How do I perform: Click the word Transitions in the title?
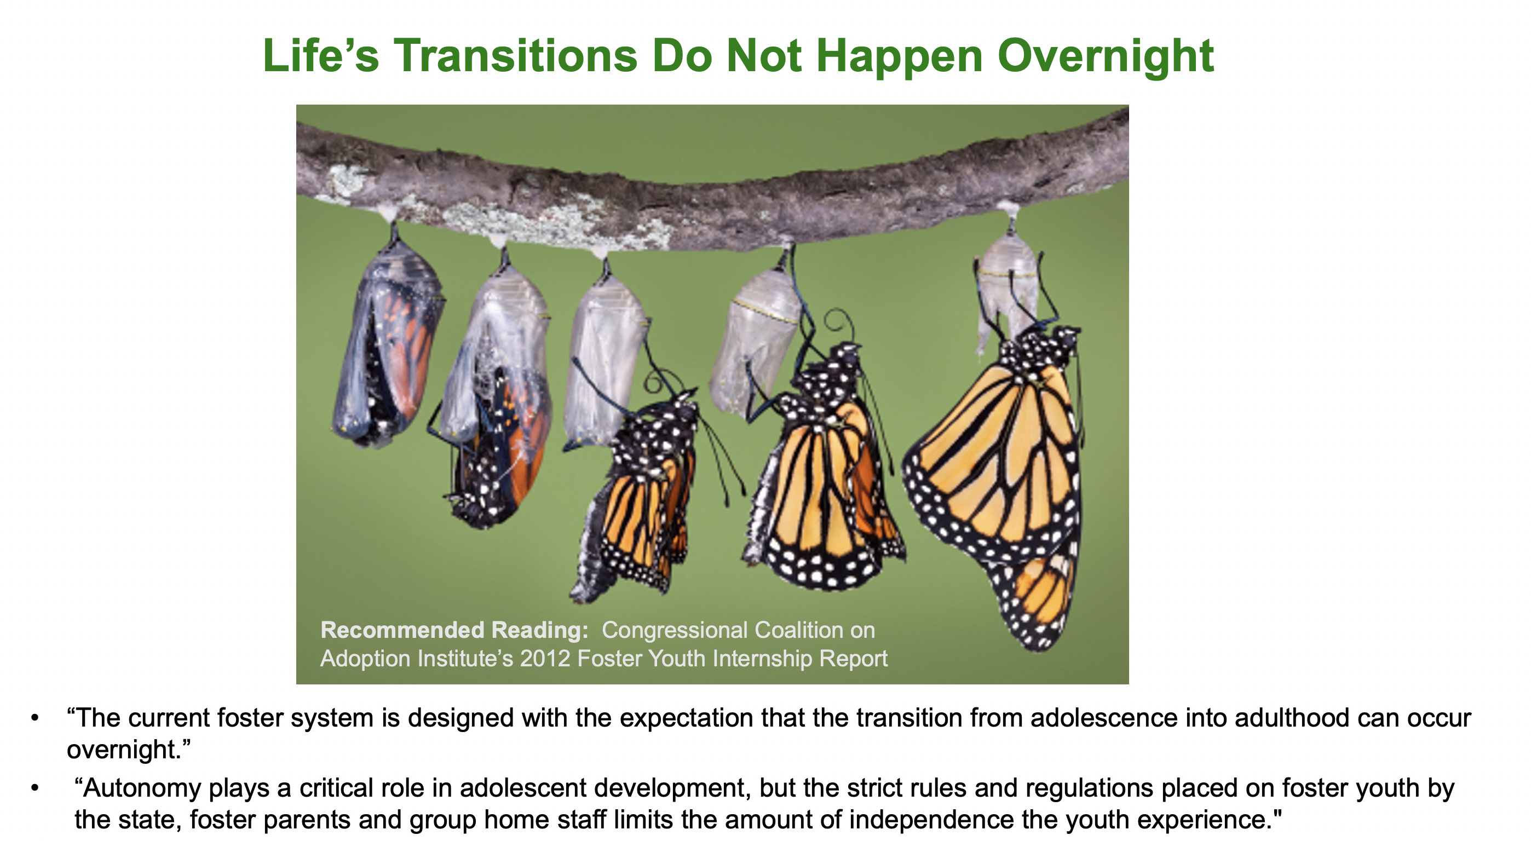coord(515,56)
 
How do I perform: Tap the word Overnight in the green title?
coord(1106,57)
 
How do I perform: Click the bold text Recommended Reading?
coord(454,630)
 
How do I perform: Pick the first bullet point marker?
coord(35,718)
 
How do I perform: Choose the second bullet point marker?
coord(35,788)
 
